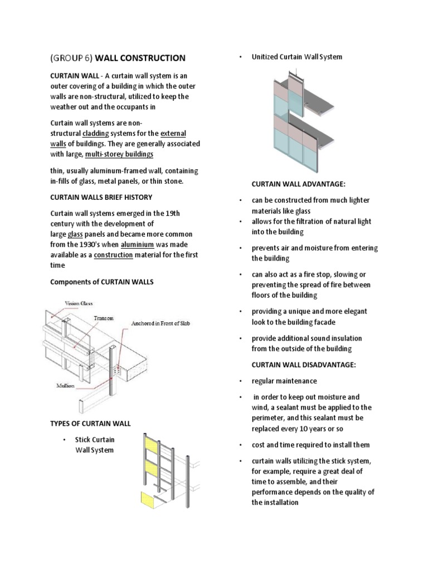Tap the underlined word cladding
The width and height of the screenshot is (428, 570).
point(96,134)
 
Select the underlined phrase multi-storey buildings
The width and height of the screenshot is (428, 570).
point(119,154)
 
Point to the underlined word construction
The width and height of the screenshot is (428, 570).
point(113,255)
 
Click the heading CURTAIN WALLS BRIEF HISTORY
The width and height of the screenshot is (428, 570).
point(101,197)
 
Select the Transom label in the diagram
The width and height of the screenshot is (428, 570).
point(103,318)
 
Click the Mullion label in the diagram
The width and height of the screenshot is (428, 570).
point(65,385)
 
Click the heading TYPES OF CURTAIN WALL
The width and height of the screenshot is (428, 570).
point(90,424)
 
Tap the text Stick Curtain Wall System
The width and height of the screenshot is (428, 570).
point(95,445)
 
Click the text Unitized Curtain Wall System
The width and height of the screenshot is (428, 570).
point(296,57)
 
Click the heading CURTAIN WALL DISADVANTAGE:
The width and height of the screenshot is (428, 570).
point(303,365)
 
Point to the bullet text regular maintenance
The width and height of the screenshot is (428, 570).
point(284,381)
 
